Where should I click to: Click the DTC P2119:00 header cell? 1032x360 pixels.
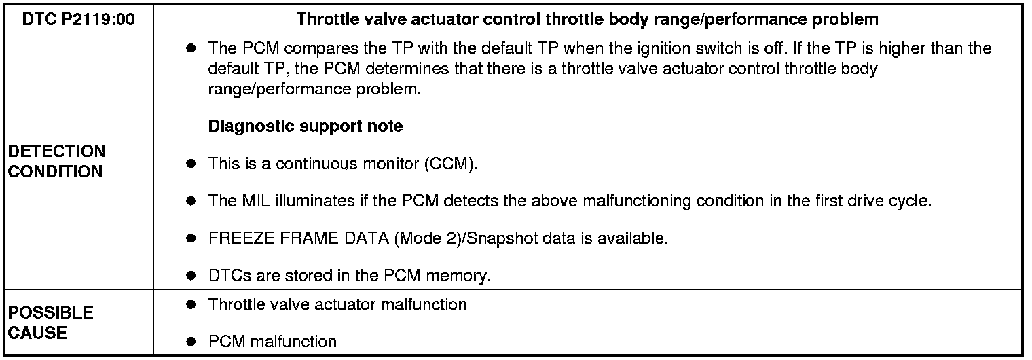(78, 19)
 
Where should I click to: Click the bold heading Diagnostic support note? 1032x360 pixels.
(306, 126)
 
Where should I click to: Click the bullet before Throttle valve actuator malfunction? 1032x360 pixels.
(192, 305)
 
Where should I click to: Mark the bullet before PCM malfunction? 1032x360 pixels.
(192, 342)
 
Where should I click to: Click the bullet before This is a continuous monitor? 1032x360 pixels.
(192, 164)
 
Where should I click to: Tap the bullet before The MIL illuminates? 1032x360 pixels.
(192, 201)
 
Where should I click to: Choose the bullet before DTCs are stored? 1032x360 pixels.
(192, 276)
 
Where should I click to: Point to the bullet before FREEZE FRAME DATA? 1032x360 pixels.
(192, 239)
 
